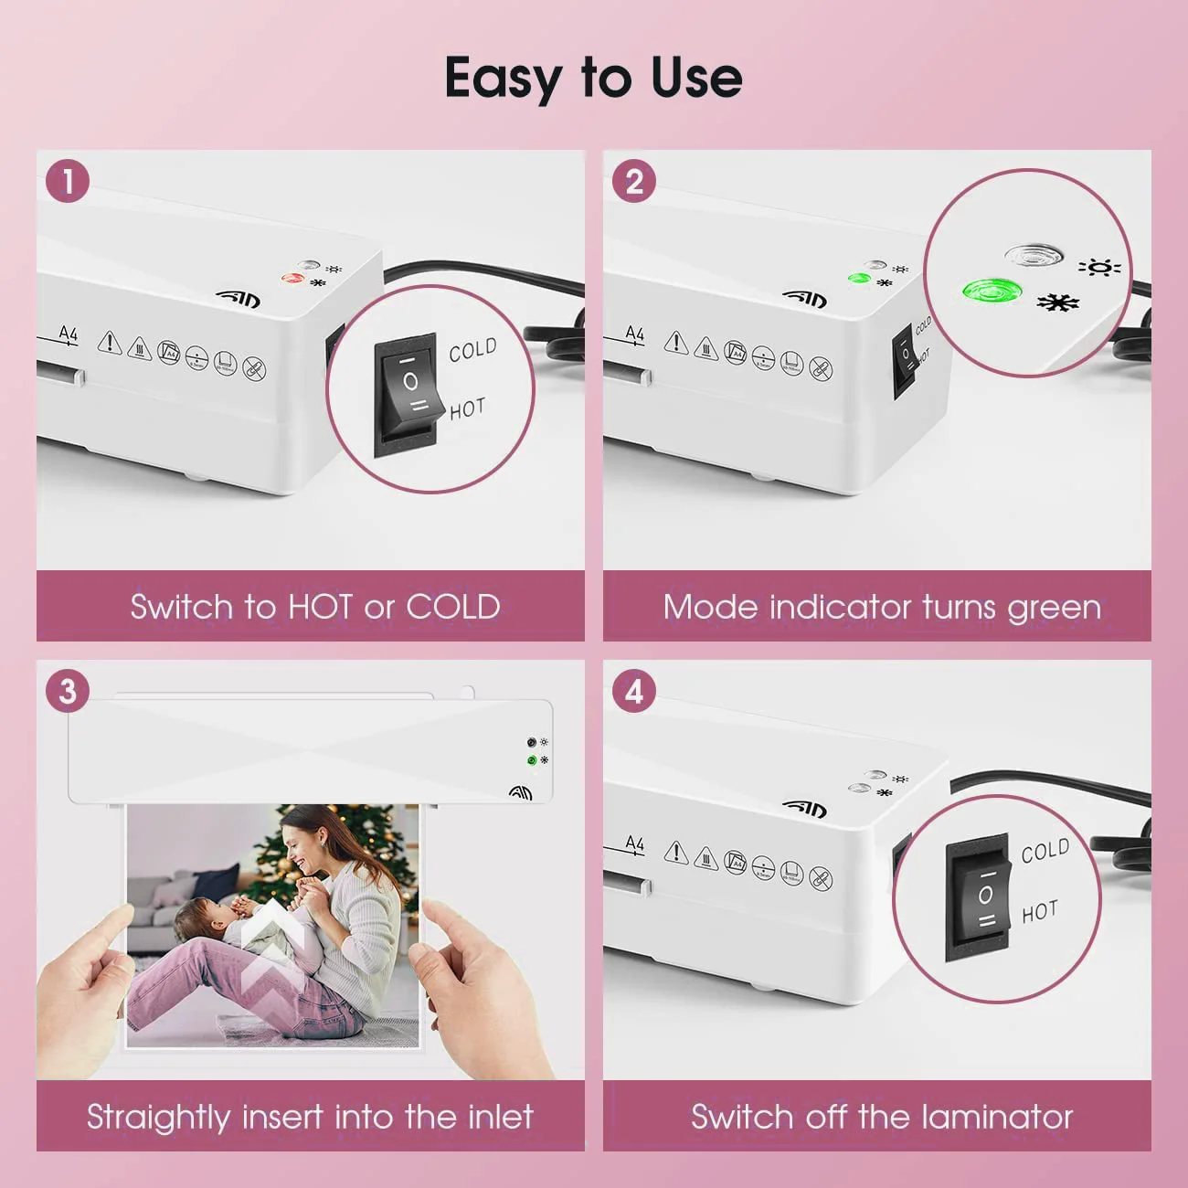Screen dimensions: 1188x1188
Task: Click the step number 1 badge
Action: (68, 182)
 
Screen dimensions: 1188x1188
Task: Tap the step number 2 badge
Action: (634, 182)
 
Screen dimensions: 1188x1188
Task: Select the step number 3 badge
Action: (68, 692)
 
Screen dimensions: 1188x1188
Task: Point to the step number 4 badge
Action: (634, 692)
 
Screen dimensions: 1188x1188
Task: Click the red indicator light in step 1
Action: (292, 278)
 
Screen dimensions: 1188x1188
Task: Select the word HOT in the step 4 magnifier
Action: (1040, 912)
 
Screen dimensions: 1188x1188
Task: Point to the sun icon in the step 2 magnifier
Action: (1099, 267)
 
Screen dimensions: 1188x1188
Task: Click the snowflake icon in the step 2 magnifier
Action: (1058, 302)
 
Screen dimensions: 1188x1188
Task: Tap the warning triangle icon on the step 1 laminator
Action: (110, 343)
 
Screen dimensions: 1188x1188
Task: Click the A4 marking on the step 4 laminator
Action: (634, 844)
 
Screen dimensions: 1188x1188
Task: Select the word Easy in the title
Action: (502, 78)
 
